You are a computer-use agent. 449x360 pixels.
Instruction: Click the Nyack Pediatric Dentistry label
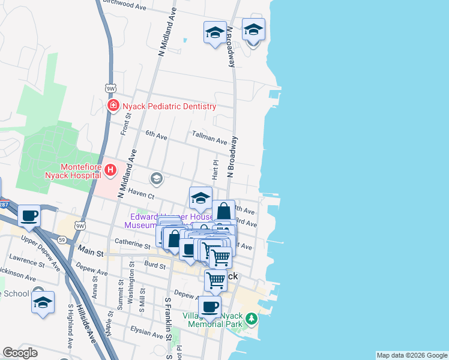[169, 106]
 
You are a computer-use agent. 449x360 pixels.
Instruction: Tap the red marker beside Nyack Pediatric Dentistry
[112, 106]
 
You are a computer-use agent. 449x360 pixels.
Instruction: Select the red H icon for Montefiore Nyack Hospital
[110, 170]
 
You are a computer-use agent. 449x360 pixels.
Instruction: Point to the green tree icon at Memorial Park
[252, 318]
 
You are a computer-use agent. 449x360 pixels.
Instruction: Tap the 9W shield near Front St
[110, 88]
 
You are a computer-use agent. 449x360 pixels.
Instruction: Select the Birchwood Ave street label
[124, 5]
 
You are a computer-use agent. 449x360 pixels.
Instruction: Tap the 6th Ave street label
[156, 136]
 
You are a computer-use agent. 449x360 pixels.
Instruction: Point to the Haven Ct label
[140, 195]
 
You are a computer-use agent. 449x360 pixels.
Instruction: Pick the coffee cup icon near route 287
[29, 217]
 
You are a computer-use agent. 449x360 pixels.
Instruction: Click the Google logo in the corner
[20, 353]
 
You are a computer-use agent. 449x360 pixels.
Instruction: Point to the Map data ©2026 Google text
[412, 355]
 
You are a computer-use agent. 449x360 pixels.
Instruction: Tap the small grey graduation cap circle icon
[157, 178]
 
